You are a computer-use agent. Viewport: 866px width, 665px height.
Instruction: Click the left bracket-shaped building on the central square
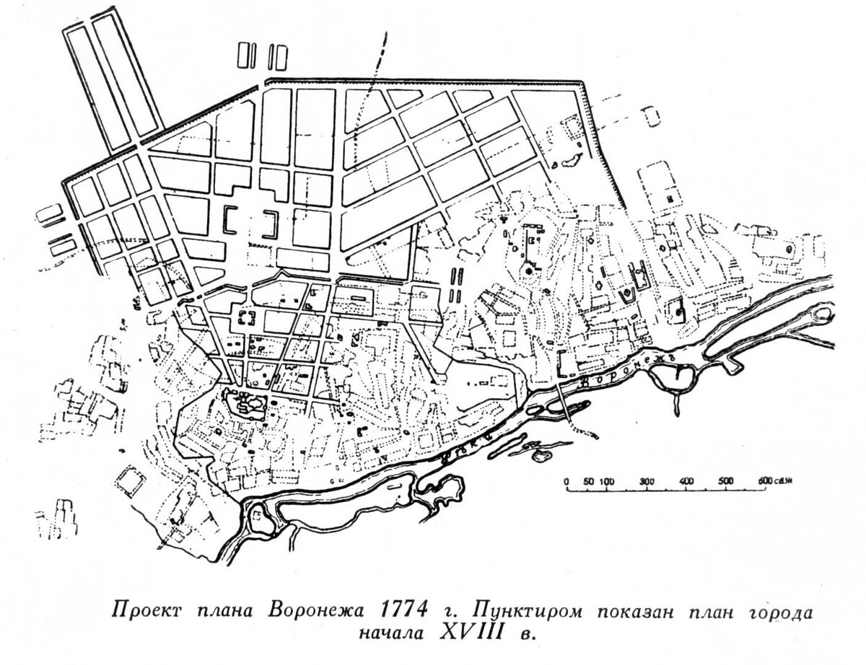tap(230, 220)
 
